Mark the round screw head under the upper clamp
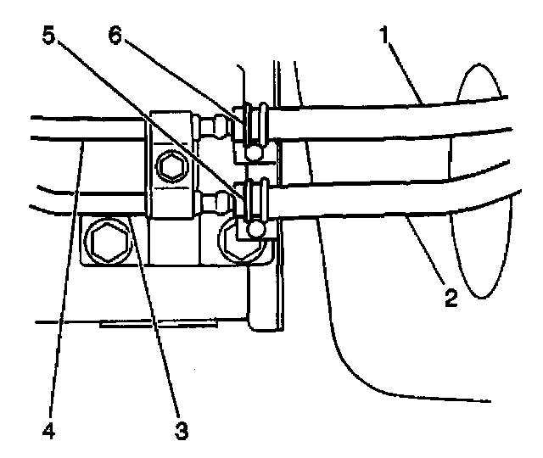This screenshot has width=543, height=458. (x=255, y=152)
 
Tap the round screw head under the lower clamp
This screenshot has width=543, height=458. (x=255, y=227)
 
